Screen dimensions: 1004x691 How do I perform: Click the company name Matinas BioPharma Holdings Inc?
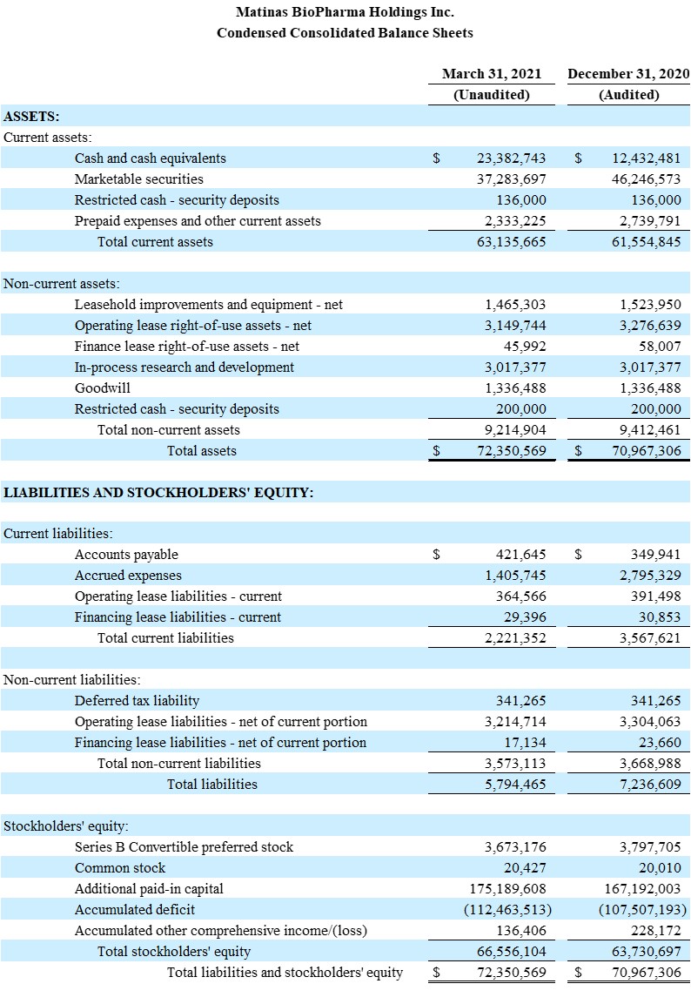coord(345,12)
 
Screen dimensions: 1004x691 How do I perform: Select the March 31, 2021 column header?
coord(491,74)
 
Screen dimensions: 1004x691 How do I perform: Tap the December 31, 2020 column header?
coord(627,74)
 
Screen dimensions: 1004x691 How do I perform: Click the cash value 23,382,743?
coord(512,158)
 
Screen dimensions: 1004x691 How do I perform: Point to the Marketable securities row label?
coord(138,179)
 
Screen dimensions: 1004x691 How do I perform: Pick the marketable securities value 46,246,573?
coord(646,179)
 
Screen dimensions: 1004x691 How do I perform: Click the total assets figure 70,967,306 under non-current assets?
coord(646,451)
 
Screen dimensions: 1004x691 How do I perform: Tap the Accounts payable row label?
coord(126,555)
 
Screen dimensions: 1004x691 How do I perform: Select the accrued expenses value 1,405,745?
coord(515,576)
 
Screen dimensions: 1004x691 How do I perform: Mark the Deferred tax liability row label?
coord(137,701)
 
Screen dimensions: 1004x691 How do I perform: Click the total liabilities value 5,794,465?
coord(515,785)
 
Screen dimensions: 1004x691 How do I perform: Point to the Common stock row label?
coord(119,868)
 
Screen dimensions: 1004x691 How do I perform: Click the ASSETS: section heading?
coord(31,116)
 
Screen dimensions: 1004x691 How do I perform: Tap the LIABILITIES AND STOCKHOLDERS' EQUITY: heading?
coord(158,493)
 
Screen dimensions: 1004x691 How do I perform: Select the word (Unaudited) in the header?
coord(491,95)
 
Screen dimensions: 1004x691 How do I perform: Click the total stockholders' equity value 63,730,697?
coord(646,952)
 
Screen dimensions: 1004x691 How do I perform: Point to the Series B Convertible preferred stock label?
coord(184,847)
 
